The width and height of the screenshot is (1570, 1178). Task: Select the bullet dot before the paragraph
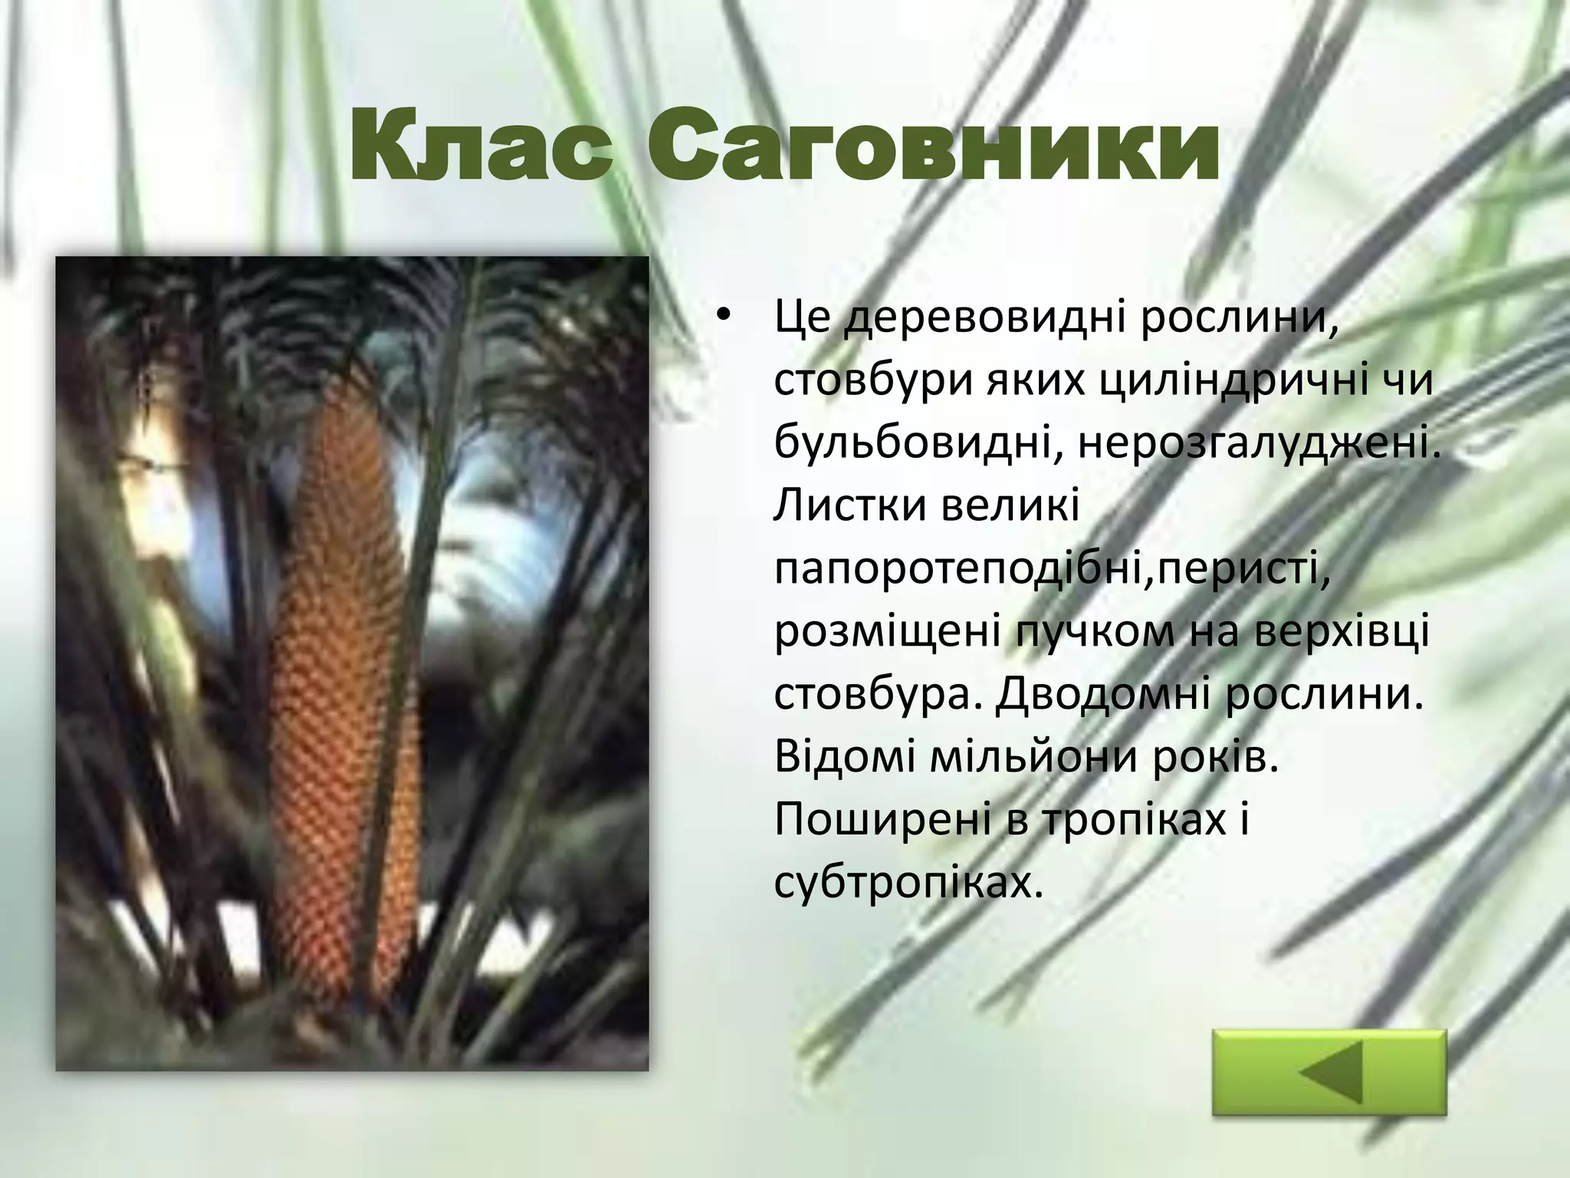pos(722,320)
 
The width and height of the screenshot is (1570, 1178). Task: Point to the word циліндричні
pos(1216,381)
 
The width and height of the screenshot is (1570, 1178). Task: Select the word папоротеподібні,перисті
pos(1052,570)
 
